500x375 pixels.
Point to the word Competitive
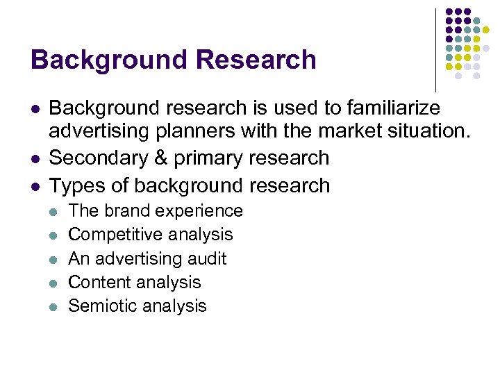point(115,235)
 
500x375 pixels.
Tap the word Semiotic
point(103,306)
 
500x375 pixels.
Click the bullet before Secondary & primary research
point(35,158)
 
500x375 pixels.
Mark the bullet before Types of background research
point(35,186)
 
